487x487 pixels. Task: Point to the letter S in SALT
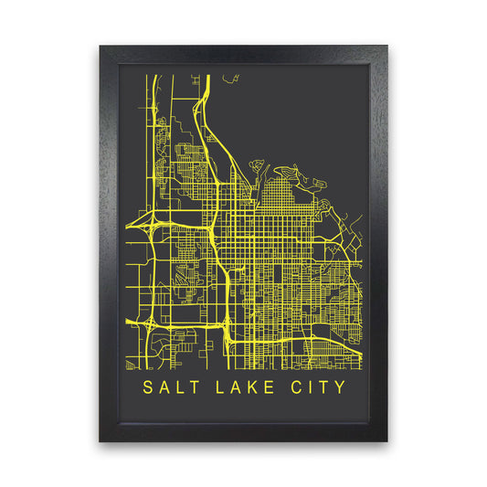coord(149,387)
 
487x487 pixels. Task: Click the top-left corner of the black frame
coord(101,45)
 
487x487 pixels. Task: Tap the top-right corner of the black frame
coord(387,45)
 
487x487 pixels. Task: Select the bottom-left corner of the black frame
coord(101,441)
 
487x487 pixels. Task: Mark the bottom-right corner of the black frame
coord(387,441)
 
